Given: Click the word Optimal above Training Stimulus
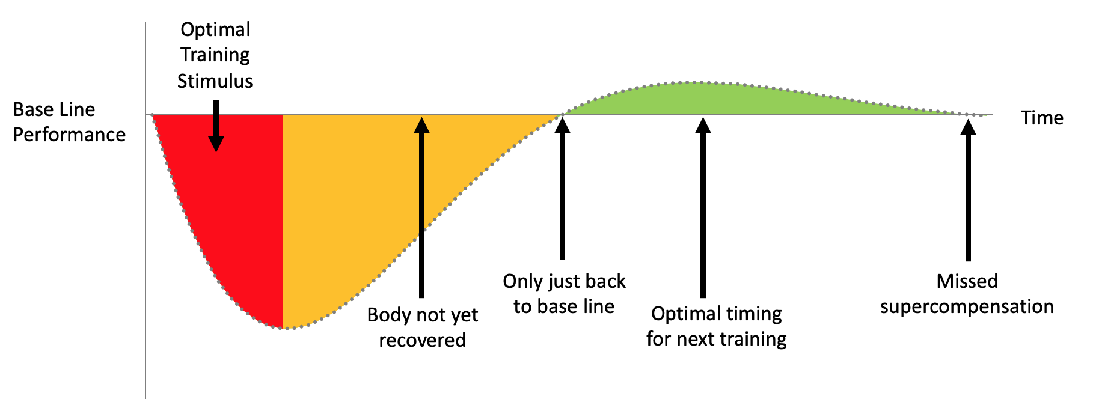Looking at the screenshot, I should coord(215,30).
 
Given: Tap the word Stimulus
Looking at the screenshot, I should coord(215,81).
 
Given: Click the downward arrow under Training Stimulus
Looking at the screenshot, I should coord(216,126).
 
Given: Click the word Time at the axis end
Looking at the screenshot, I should coord(1042,118).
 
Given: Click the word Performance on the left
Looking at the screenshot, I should coord(69,135).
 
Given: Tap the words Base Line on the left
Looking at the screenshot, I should coord(54,109).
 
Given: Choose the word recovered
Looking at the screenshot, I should coord(422,340).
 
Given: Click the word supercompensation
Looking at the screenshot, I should coord(967,306).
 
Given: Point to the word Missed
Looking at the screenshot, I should coord(967,281).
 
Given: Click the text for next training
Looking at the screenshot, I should coord(716,339).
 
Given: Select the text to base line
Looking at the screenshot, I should coord(563,306).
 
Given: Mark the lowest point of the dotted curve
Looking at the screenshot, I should coord(287,328).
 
